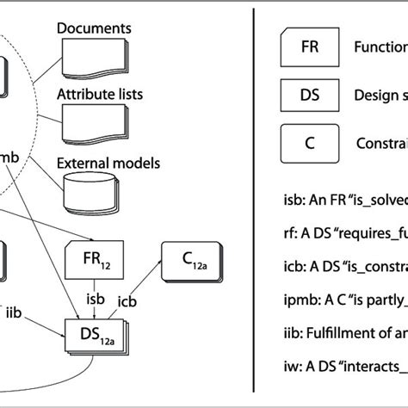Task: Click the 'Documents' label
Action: click(x=94, y=28)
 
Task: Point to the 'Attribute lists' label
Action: click(x=100, y=94)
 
